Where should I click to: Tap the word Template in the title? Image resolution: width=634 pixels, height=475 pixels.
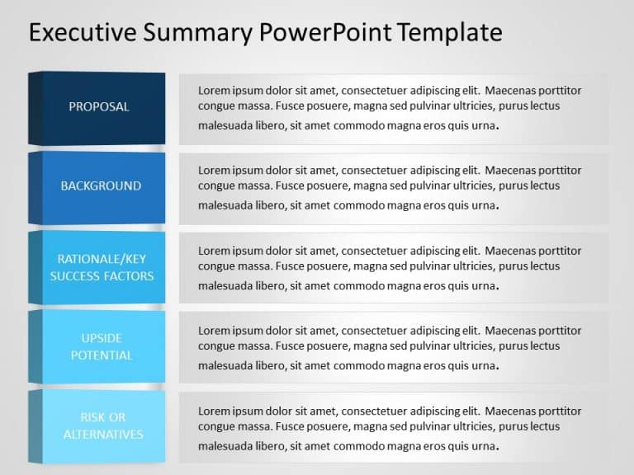pos(448,32)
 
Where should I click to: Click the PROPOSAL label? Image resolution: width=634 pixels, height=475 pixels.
pos(99,106)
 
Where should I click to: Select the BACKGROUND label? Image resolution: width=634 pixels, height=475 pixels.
pos(101,186)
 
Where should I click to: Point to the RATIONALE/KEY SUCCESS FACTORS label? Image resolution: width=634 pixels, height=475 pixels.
pos(102,267)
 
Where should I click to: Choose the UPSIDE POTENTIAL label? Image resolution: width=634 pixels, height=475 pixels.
pos(102,346)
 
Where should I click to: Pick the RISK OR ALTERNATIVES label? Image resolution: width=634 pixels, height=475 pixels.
pos(102,426)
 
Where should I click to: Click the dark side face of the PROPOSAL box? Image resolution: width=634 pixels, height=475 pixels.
pos(35,108)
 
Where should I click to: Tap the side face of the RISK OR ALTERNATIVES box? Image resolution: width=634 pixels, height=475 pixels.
pos(35,426)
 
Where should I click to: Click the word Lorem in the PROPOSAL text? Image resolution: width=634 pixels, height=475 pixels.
pos(214,91)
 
